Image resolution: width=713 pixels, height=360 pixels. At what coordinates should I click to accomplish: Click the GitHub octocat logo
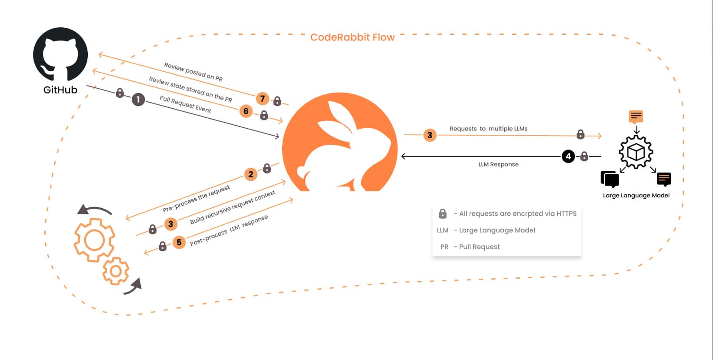[60, 54]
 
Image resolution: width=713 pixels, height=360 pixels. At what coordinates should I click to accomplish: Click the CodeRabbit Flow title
[352, 37]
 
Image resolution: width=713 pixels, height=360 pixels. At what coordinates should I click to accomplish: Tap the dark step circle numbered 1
[138, 100]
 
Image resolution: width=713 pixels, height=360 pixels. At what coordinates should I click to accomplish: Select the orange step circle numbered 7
[263, 99]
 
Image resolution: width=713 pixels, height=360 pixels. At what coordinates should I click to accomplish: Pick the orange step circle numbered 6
[246, 111]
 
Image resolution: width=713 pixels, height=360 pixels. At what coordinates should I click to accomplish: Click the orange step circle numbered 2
[251, 174]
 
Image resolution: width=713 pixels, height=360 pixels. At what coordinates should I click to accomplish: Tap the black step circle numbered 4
[568, 156]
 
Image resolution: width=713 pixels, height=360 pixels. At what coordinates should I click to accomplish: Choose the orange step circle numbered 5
[179, 242]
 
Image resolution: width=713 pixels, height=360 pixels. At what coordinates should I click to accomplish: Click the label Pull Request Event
[185, 104]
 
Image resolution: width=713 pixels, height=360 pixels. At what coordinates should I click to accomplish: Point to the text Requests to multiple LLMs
[489, 129]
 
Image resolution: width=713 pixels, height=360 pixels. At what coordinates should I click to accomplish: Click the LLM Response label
[499, 164]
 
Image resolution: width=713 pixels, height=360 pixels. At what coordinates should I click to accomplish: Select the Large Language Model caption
[636, 196]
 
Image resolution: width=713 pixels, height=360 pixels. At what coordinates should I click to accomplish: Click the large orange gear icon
[94, 240]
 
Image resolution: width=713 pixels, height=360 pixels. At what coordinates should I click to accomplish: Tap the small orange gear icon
[116, 271]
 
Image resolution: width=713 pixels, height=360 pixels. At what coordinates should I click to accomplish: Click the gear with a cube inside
[636, 152]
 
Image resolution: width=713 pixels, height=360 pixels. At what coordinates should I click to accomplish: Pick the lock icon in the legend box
[443, 213]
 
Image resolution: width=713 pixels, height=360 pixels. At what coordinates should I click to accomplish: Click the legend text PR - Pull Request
[470, 247]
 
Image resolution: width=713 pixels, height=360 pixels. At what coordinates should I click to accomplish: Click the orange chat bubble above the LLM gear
[636, 117]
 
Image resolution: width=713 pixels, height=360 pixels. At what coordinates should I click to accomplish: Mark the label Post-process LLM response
[229, 230]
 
